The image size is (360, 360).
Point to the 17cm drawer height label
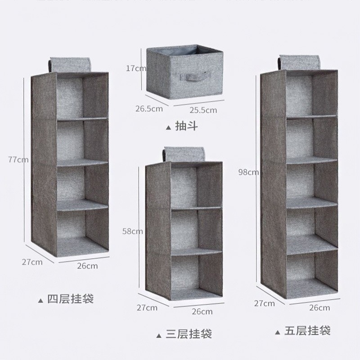tap(136, 68)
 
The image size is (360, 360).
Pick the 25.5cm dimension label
tap(202, 109)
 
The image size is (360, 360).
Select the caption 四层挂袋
tap(70, 299)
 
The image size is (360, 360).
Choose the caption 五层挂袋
tap(307, 331)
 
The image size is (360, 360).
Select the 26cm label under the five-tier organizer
tap(320, 308)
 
